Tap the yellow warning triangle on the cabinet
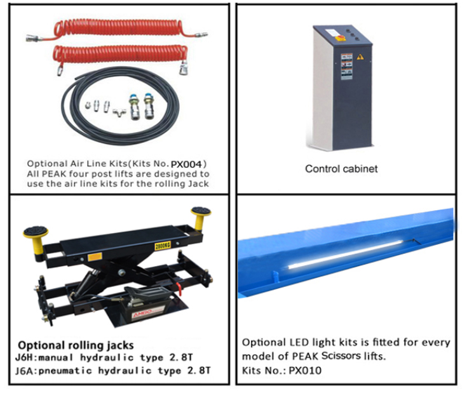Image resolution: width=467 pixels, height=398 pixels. [360, 56]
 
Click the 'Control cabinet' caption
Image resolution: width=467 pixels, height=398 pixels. [341, 169]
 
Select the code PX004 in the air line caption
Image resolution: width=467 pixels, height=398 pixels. [186, 164]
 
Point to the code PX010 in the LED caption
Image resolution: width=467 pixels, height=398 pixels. [305, 371]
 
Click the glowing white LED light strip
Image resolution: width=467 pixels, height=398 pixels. [346, 255]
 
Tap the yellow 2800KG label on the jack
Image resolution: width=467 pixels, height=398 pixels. [163, 246]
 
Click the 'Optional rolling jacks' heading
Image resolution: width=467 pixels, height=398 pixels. [76, 345]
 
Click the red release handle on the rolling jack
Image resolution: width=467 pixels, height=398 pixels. [179, 289]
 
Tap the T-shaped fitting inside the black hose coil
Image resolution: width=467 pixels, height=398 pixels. [119, 112]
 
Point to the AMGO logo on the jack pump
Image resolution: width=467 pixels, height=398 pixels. [142, 313]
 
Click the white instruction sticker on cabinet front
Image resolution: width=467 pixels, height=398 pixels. [347, 66]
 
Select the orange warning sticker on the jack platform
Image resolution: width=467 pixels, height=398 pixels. [95, 256]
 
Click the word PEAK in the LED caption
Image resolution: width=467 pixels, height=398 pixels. [305, 356]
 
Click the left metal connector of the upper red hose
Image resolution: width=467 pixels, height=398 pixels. [33, 38]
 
